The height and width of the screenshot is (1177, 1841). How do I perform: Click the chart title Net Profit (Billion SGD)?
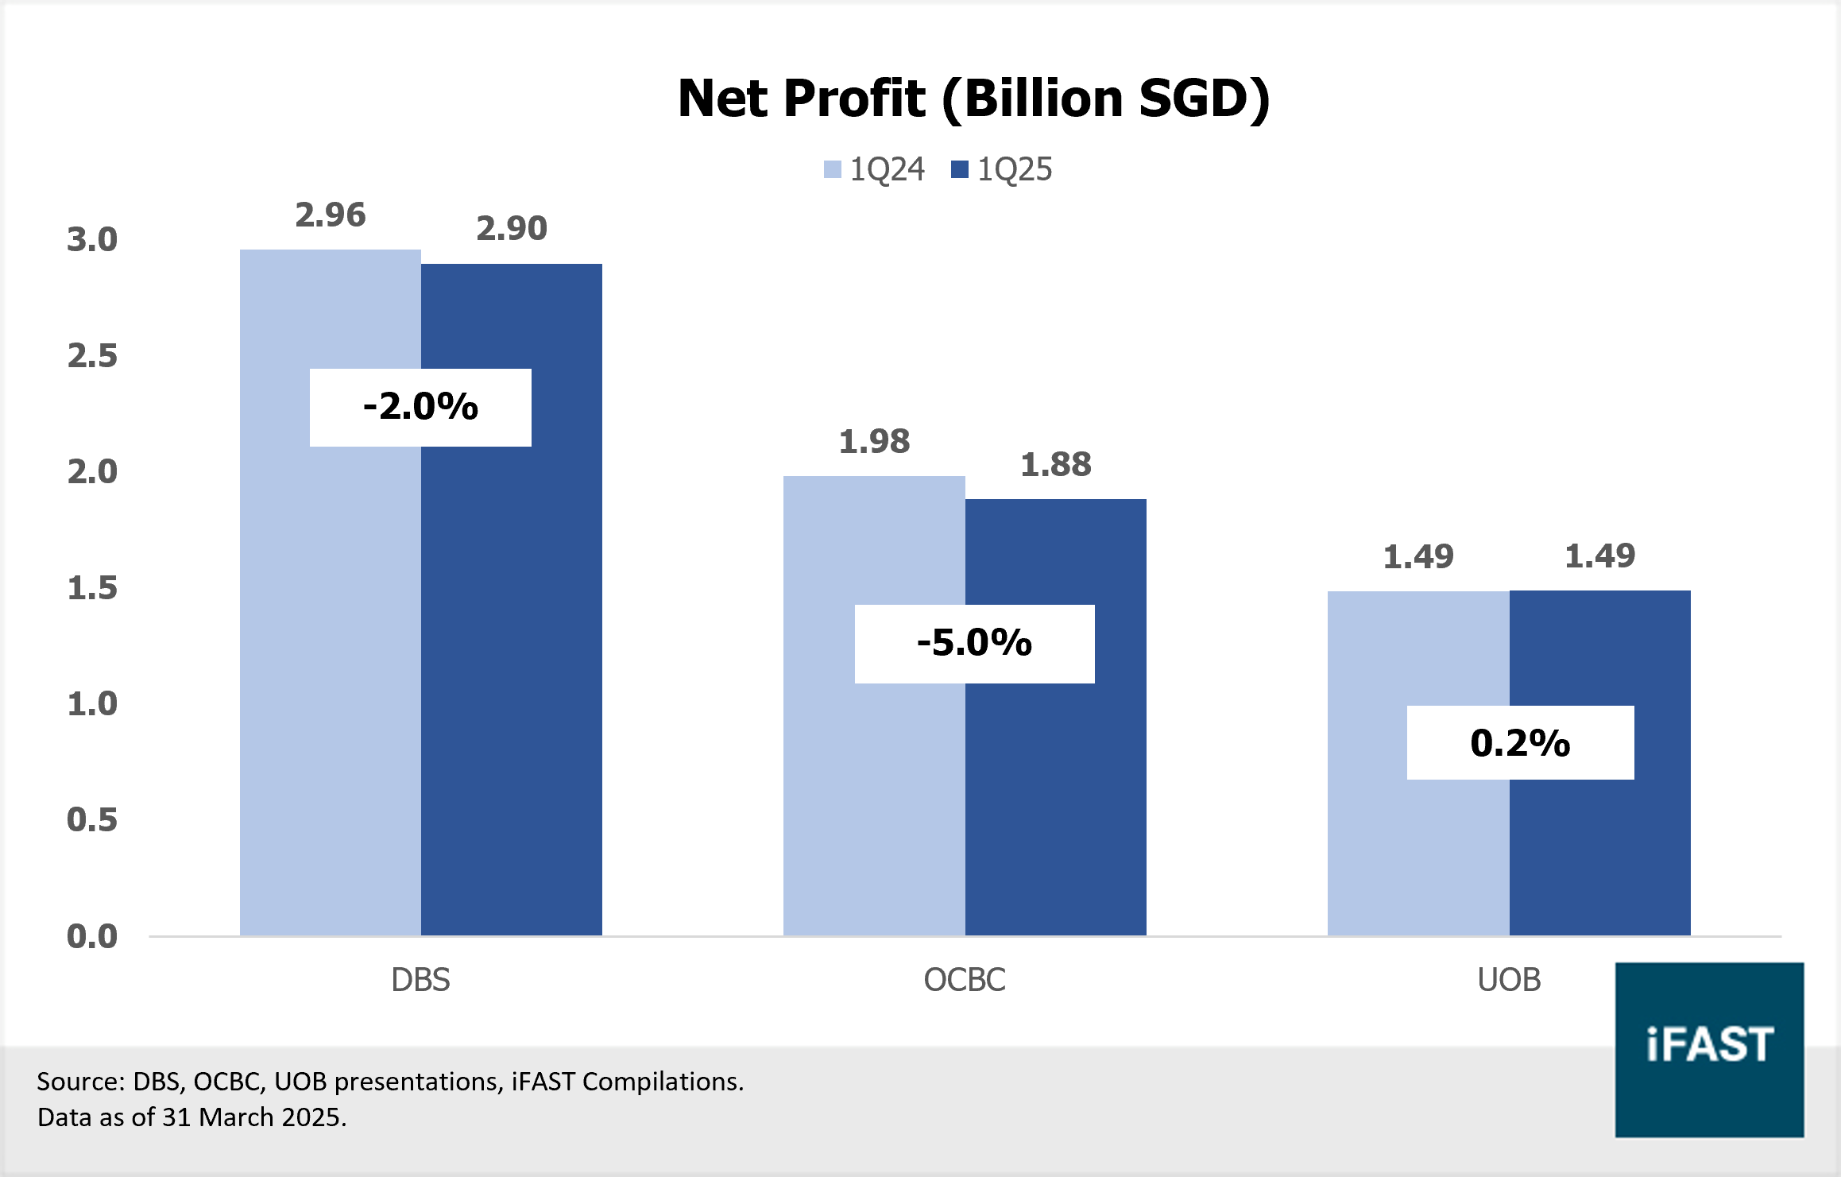click(x=973, y=99)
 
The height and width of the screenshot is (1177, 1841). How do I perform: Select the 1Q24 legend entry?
click(x=874, y=169)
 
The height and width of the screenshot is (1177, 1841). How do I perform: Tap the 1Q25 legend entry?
click(x=1002, y=169)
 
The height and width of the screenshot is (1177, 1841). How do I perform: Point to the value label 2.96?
click(x=330, y=215)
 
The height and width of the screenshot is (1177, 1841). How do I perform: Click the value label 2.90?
click(x=511, y=229)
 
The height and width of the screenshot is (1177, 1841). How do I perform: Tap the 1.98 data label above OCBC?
click(x=874, y=441)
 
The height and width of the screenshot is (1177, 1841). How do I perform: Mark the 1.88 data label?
click(x=1055, y=464)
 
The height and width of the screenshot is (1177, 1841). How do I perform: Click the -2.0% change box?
click(x=420, y=407)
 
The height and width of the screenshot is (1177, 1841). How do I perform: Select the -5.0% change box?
click(x=974, y=643)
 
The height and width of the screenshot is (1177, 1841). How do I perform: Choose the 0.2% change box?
click(x=1520, y=743)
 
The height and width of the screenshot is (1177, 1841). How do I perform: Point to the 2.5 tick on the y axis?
click(x=92, y=355)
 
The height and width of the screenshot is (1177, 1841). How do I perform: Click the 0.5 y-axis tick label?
click(x=92, y=819)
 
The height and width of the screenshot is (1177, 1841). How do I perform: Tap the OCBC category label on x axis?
click(x=965, y=980)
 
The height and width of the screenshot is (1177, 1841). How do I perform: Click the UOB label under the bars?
click(x=1509, y=980)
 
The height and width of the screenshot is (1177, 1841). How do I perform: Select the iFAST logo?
click(x=1709, y=1049)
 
